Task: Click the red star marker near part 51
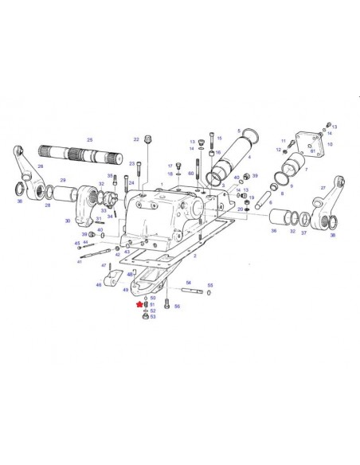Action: pyautogui.click(x=139, y=304)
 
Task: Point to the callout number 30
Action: pyautogui.click(x=68, y=221)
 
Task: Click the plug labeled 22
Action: pyautogui.click(x=148, y=143)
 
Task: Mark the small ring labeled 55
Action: pyautogui.click(x=210, y=293)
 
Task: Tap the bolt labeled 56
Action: pyautogui.click(x=166, y=302)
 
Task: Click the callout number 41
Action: pyautogui.click(x=79, y=262)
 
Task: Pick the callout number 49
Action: pyautogui.click(x=126, y=290)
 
